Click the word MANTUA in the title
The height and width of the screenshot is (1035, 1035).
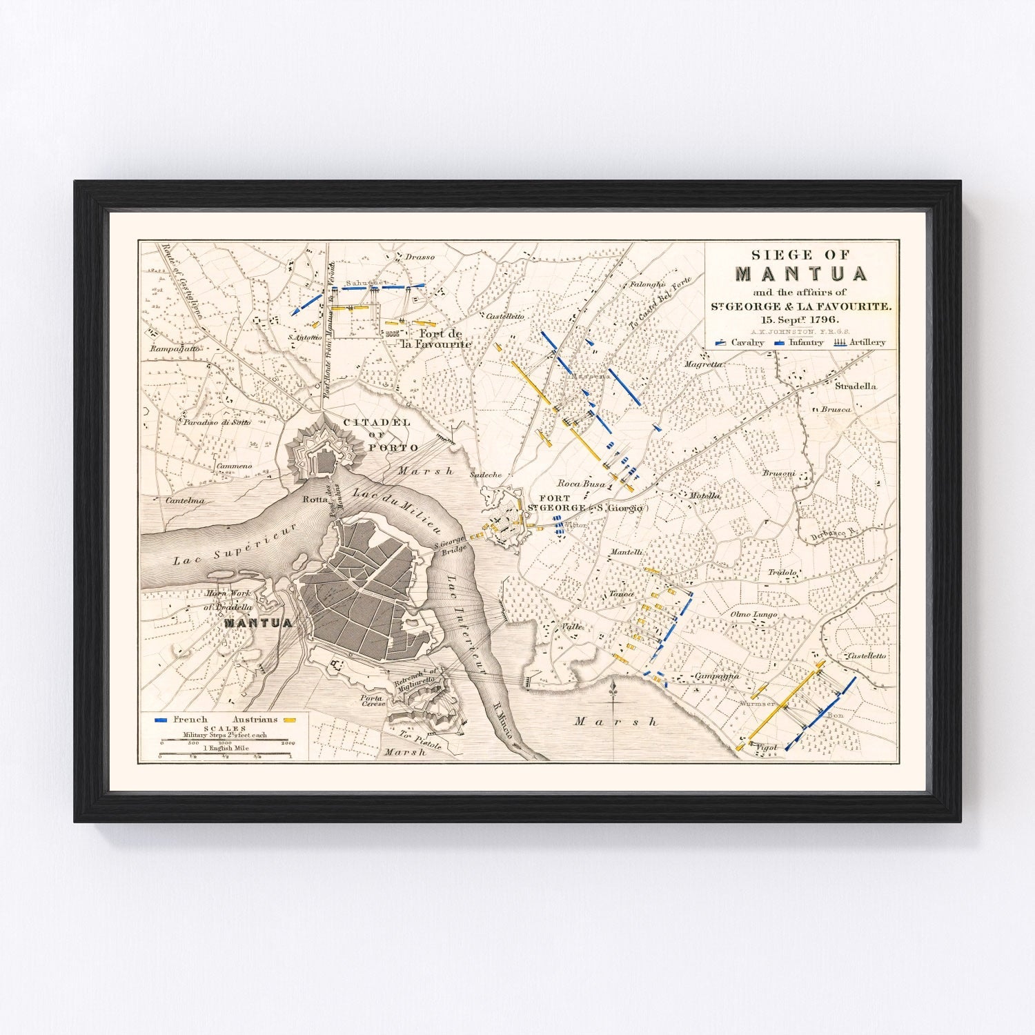click(801, 274)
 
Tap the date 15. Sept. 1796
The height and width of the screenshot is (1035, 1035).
click(800, 319)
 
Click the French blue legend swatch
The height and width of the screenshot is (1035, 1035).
click(161, 720)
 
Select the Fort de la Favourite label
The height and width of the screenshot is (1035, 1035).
click(436, 338)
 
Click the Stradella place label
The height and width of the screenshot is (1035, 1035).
click(856, 386)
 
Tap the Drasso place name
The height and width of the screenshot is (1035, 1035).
click(420, 257)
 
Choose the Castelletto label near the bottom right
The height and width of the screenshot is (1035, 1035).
click(867, 655)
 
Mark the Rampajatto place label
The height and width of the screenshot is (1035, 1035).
click(175, 349)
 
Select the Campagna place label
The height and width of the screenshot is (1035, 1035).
click(717, 676)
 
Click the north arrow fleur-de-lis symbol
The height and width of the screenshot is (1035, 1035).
click(613, 688)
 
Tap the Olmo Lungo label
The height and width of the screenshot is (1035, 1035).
click(753, 614)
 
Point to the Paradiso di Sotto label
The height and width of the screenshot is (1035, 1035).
click(217, 422)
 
